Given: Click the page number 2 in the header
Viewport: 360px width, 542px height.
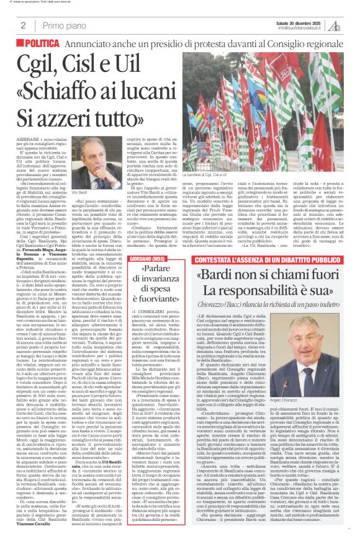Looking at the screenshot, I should (x=22, y=25).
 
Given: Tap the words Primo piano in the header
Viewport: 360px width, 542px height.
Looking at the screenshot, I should (x=65, y=25).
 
